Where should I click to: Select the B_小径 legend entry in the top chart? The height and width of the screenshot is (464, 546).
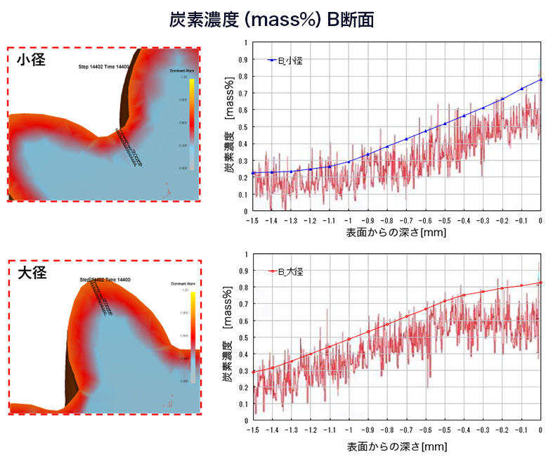click(288, 61)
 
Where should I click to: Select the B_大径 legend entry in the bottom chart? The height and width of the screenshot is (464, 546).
click(288, 271)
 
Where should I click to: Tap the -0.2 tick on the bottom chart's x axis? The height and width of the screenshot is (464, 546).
click(502, 430)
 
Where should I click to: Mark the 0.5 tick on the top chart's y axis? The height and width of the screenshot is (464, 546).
click(244, 127)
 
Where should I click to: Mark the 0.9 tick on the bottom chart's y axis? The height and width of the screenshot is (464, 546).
click(244, 270)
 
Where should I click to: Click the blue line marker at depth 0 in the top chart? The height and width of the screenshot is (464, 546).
click(540, 79)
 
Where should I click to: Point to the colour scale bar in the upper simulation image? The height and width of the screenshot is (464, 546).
click(191, 120)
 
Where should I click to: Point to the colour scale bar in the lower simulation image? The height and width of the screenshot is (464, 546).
click(191, 333)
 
